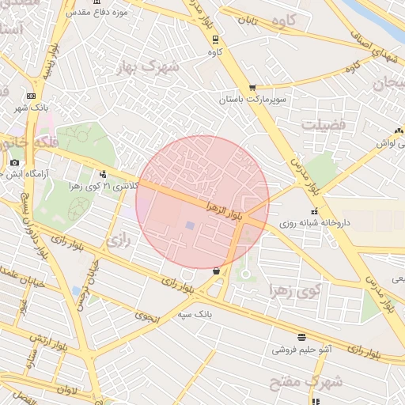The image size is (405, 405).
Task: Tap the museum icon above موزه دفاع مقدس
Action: pyautogui.click(x=97, y=4)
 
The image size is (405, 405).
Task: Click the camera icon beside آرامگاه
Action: pyautogui.click(x=15, y=163)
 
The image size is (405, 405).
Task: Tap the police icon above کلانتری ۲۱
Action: pyautogui.click(x=103, y=174)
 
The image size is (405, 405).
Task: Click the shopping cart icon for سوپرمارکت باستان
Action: pyautogui.click(x=252, y=88)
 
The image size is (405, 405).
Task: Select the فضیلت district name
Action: pyautogui.click(x=323, y=124)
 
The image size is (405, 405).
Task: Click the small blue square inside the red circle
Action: pyautogui.click(x=190, y=226)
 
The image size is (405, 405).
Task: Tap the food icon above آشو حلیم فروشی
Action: pyautogui.click(x=301, y=337)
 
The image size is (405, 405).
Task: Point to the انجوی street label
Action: pyautogui.click(x=146, y=317)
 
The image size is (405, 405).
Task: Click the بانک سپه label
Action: pyautogui.click(x=195, y=313)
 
